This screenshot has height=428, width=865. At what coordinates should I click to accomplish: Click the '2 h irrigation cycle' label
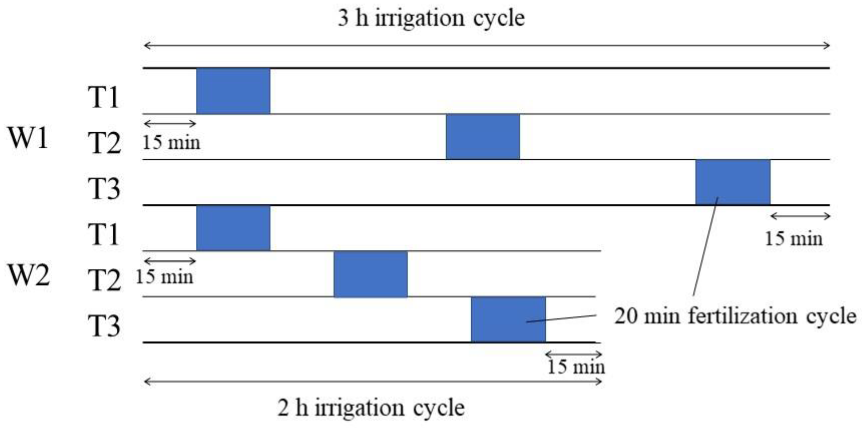(371, 408)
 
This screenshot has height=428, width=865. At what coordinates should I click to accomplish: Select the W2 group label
(28, 275)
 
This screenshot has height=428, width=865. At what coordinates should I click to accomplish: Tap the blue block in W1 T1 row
(233, 91)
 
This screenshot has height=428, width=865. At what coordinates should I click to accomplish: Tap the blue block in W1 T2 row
(483, 137)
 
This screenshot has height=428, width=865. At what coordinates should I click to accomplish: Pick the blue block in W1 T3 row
(733, 182)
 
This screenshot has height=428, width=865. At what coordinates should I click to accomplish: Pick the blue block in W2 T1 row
(233, 228)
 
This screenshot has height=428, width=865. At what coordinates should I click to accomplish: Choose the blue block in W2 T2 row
(370, 274)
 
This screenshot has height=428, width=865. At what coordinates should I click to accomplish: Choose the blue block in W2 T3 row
(508, 320)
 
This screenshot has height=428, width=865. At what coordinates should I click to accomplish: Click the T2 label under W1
(104, 143)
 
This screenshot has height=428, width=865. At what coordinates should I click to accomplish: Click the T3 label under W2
(104, 326)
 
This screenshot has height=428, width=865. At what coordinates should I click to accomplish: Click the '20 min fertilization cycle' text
(735, 316)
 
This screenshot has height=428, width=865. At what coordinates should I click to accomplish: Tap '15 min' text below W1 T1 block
(171, 142)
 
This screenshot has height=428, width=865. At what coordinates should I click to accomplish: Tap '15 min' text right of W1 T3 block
(794, 239)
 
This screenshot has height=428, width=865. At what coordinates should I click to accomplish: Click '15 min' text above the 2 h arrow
(576, 366)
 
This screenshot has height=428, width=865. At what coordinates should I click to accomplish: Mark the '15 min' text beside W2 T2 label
(164, 276)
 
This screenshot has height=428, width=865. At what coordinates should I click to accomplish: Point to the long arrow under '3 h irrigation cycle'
(487, 46)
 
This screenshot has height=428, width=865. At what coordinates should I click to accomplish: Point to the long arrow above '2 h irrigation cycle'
(373, 382)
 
